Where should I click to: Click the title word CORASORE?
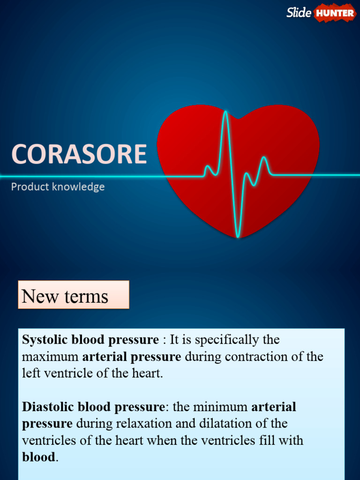(x=79, y=154)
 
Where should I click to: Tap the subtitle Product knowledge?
(x=58, y=187)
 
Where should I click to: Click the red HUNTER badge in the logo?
(x=335, y=13)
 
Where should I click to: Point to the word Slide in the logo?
(x=299, y=13)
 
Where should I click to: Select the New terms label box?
(x=73, y=295)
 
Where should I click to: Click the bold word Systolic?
(x=45, y=340)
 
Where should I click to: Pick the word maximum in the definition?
(x=50, y=357)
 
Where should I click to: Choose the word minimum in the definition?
(x=220, y=406)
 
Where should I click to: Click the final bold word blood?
(x=38, y=457)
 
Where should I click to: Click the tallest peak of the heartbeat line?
(x=225, y=112)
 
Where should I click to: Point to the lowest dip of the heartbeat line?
(x=238, y=236)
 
